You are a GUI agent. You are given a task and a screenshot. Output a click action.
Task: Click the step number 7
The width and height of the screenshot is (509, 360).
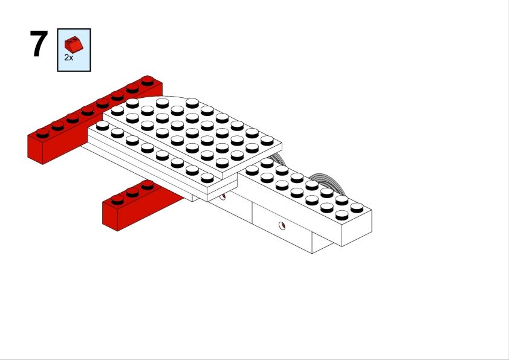(x=39, y=44)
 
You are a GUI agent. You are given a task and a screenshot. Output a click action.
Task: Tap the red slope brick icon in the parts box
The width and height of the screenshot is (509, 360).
(x=74, y=44)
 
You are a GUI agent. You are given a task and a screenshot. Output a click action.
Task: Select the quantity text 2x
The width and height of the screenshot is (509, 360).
(x=69, y=57)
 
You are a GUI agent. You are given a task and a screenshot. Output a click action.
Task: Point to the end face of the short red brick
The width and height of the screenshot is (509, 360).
(x=110, y=216)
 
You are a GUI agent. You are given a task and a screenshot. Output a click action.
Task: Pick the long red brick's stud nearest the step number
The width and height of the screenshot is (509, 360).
(x=42, y=131)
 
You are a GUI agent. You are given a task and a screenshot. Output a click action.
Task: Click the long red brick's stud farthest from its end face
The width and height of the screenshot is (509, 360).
(x=148, y=79)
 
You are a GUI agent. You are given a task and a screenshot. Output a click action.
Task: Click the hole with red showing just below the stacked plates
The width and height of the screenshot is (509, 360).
(x=222, y=196)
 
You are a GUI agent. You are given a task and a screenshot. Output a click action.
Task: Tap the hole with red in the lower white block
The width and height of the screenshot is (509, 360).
(x=281, y=227)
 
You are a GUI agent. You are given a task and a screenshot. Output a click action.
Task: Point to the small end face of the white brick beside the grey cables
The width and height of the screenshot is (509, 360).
(x=357, y=228)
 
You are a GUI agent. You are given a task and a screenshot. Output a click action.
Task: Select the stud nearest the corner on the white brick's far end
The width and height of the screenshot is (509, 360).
(x=357, y=207)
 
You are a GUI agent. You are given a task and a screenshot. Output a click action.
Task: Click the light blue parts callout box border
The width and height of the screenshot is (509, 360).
(x=58, y=50)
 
